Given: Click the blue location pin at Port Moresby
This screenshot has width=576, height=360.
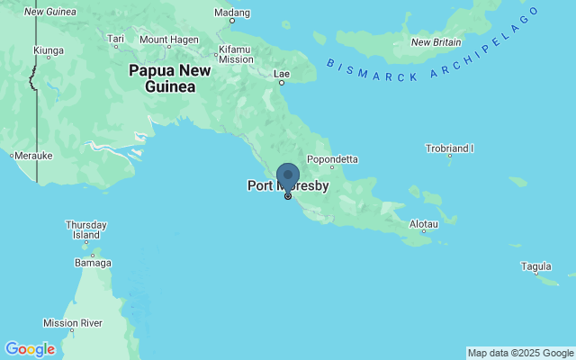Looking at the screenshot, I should pyautogui.click(x=288, y=175).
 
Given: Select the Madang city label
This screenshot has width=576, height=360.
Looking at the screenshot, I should pyautogui.click(x=231, y=13).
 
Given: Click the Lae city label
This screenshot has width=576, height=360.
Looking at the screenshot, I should pyautogui.click(x=281, y=73).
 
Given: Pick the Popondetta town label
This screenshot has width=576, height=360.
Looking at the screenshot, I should pyautogui.click(x=332, y=159).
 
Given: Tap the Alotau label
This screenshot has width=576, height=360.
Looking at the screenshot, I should pyautogui.click(x=423, y=223).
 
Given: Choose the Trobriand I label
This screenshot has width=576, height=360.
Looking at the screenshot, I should pyautogui.click(x=450, y=148).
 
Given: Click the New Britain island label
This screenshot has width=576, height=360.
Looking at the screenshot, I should pyautogui.click(x=436, y=42).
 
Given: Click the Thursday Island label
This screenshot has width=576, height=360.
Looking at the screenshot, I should pyautogui.click(x=86, y=229).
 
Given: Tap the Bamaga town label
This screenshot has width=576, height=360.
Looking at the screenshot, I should pyautogui.click(x=93, y=263).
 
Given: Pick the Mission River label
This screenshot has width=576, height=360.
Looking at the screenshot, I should pyautogui.click(x=73, y=322).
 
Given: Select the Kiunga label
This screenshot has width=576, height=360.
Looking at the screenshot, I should pyautogui.click(x=49, y=50).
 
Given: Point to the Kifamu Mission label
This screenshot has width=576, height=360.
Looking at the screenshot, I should pyautogui.click(x=237, y=54).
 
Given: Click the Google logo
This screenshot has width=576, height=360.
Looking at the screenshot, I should pyautogui.click(x=29, y=349).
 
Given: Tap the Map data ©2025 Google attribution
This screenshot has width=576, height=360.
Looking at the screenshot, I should pyautogui.click(x=520, y=353).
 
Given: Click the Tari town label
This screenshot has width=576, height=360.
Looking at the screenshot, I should pyautogui.click(x=116, y=39).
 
